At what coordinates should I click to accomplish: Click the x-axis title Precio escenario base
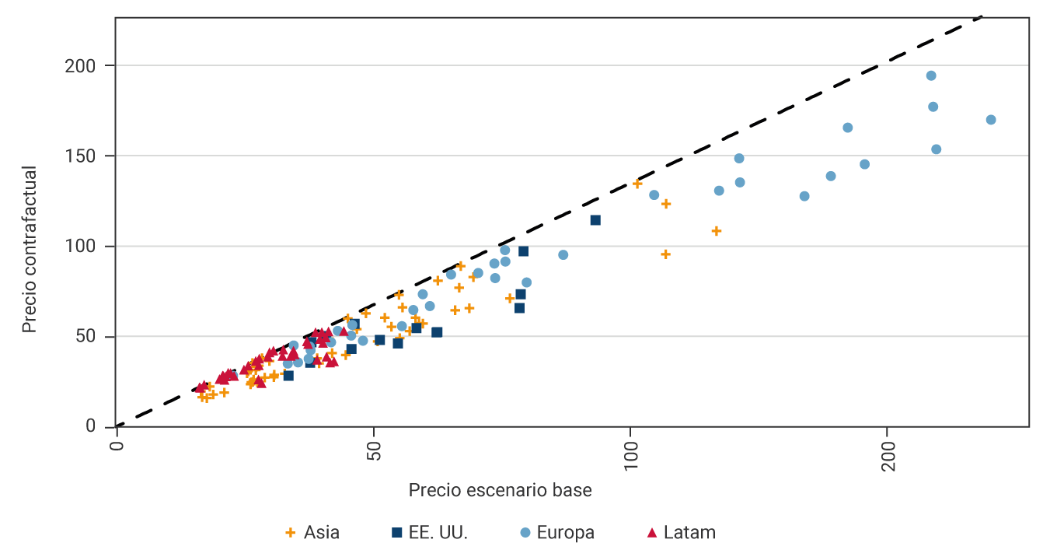pyautogui.click(x=500, y=490)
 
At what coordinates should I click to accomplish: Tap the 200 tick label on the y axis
pyautogui.click(x=86, y=66)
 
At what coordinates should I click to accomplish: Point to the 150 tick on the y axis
pyautogui.click(x=86, y=156)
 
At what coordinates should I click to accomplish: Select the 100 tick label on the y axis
pyautogui.click(x=86, y=247)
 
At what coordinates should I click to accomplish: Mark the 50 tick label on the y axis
pyautogui.click(x=91, y=337)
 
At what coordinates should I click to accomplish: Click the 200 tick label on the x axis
pyautogui.click(x=888, y=452)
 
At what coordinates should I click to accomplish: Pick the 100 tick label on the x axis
pyautogui.click(x=630, y=452)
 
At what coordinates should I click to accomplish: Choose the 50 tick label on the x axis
pyautogui.click(x=374, y=447)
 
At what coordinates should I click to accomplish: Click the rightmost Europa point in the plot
pyautogui.click(x=991, y=120)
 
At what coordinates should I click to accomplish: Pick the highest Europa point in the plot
pyautogui.click(x=931, y=75)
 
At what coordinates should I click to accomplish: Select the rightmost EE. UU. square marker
pyautogui.click(x=595, y=220)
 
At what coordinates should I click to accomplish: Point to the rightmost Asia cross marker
pyautogui.click(x=717, y=231)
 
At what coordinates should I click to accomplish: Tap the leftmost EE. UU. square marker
pyautogui.click(x=288, y=376)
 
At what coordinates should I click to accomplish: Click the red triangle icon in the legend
pyautogui.click(x=652, y=533)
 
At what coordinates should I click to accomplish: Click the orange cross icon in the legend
pyautogui.click(x=291, y=533)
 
